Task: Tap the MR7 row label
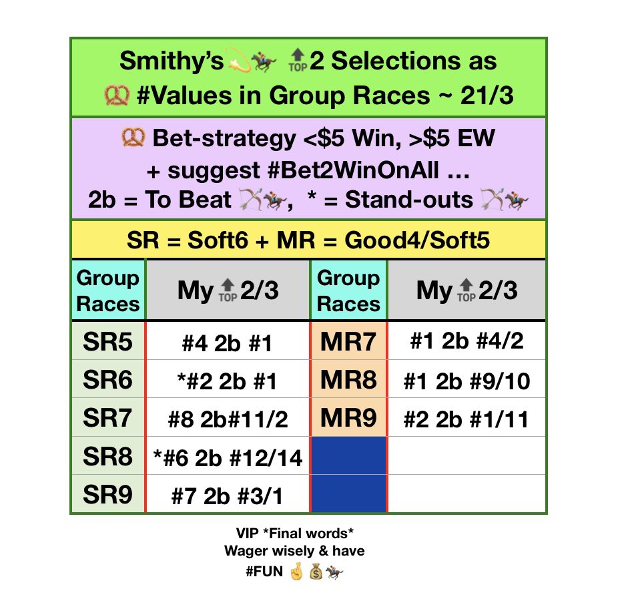[348, 342]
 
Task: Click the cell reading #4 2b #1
[228, 343]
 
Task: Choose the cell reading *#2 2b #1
[228, 381]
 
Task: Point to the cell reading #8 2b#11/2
[228, 419]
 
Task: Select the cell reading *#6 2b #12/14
[228, 457]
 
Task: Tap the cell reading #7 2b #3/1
[228, 495]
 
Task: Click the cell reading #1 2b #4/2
[466, 343]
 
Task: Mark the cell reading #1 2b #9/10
[466, 381]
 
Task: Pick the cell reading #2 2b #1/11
[466, 419]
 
